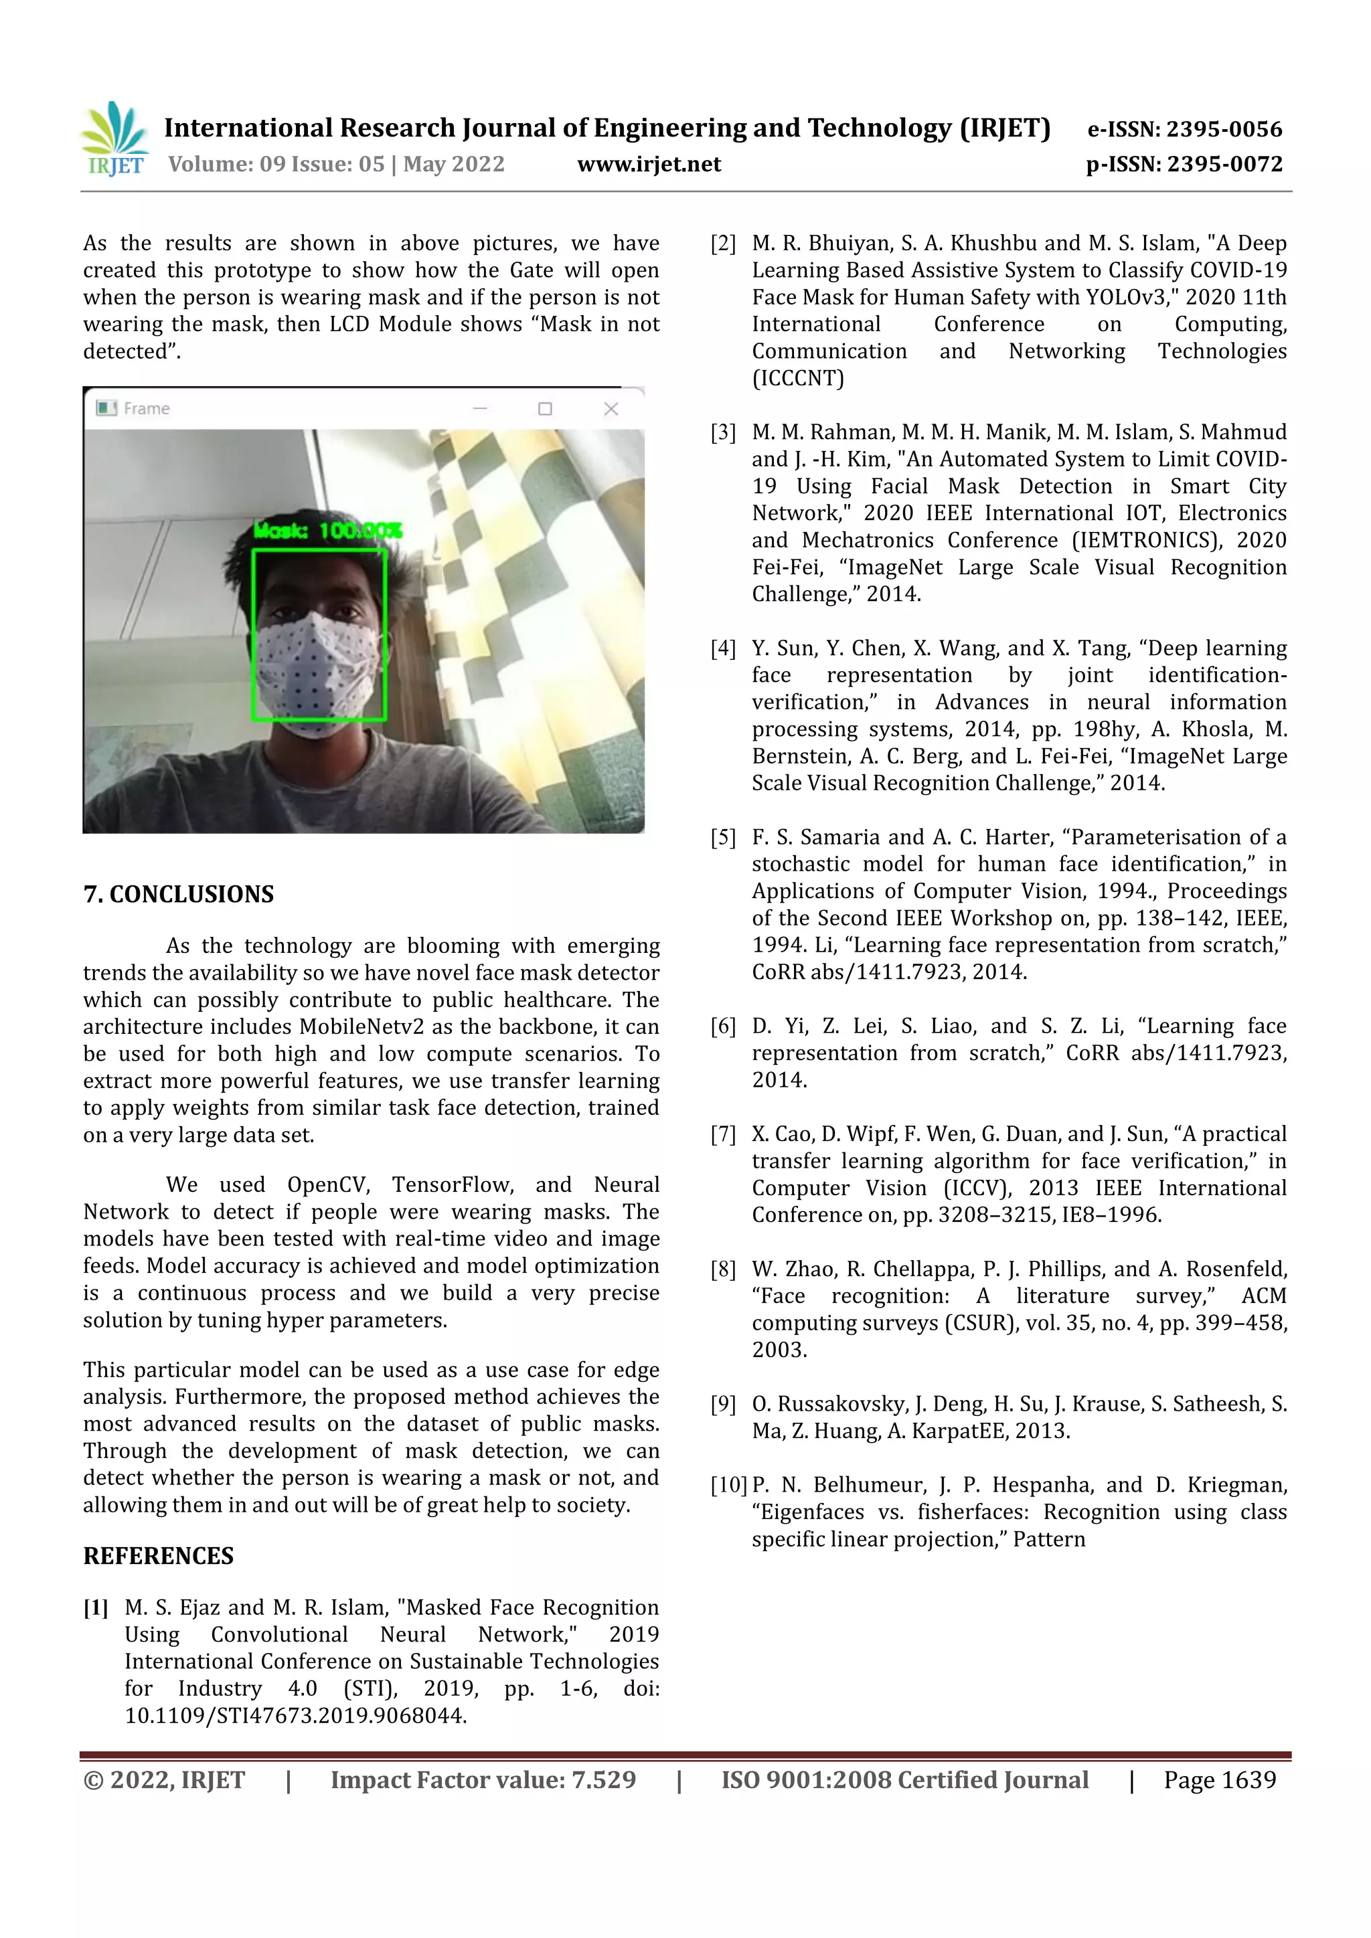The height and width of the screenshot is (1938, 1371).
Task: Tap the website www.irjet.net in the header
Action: pyautogui.click(x=649, y=164)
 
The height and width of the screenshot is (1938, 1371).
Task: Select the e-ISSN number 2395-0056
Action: pyautogui.click(x=1224, y=129)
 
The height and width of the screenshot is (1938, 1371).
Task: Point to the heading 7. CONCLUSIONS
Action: pyautogui.click(x=178, y=894)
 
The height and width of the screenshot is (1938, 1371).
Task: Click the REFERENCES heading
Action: pyautogui.click(x=158, y=1556)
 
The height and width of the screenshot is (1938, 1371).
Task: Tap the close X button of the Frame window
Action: pyautogui.click(x=611, y=408)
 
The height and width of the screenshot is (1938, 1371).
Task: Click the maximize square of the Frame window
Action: pyautogui.click(x=546, y=408)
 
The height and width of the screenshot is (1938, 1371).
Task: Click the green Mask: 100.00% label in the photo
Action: pyautogui.click(x=327, y=530)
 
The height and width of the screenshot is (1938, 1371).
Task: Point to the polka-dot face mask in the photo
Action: pyautogui.click(x=317, y=667)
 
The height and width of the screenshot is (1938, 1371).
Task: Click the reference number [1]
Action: pyautogui.click(x=96, y=1607)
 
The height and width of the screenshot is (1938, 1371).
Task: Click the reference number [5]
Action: pyautogui.click(x=724, y=837)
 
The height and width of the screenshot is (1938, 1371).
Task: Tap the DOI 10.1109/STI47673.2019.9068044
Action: pyautogui.click(x=295, y=1716)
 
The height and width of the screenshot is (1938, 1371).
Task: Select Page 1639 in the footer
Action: pyautogui.click(x=1219, y=1780)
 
